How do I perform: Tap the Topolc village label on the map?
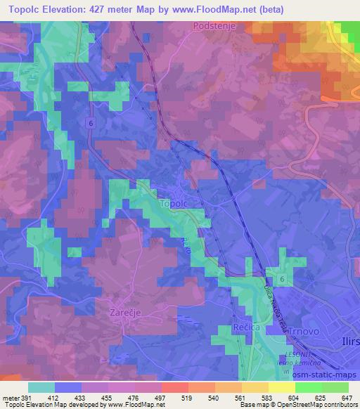[x=175, y=204]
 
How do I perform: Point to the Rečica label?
[x=247, y=329]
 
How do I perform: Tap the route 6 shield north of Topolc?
[x=91, y=122]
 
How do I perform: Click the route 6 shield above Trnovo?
[x=282, y=279]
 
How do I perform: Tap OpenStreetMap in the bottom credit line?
[x=305, y=405]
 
